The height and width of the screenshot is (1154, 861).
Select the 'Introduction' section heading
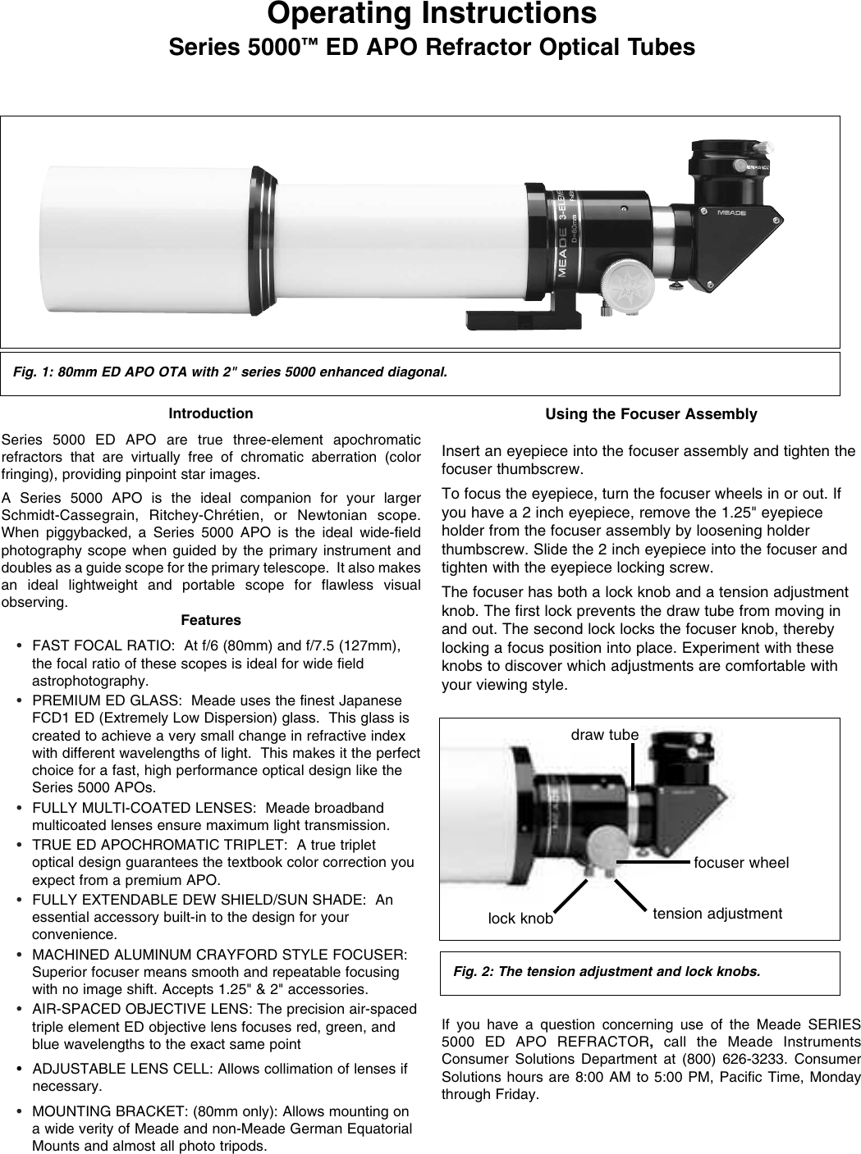click(211, 413)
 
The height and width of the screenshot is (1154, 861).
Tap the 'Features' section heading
click(211, 620)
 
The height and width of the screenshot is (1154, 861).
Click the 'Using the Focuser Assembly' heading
click(651, 414)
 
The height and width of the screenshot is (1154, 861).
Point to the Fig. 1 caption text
click(231, 372)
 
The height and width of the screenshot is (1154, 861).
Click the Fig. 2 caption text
click(607, 972)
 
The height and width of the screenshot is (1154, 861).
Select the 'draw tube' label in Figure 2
click(604, 735)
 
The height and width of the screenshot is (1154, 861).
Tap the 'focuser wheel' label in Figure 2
click(741, 863)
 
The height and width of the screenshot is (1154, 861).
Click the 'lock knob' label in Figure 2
click(520, 919)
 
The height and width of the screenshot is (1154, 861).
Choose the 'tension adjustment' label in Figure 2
click(717, 913)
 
